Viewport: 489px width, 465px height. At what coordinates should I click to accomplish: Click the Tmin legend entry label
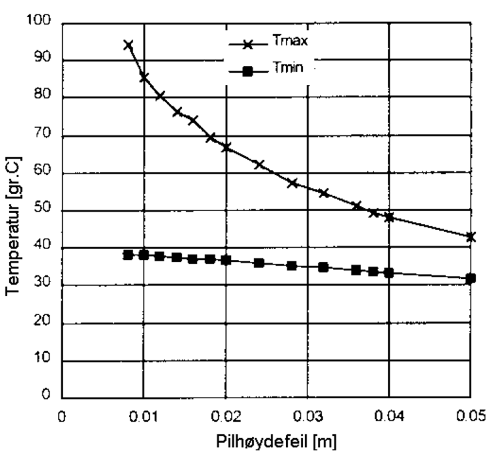coord(289,68)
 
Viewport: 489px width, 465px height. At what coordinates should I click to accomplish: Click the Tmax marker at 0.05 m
coord(471,236)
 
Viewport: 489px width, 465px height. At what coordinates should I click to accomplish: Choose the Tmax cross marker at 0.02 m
coord(226,147)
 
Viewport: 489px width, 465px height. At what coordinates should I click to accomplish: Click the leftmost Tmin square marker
coord(128,255)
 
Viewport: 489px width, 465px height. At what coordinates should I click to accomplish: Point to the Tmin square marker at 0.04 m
coord(389,273)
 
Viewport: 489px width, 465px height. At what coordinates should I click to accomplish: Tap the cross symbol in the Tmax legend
coord(248,45)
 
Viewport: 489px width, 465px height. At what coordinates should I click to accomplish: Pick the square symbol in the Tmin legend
coord(248,72)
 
